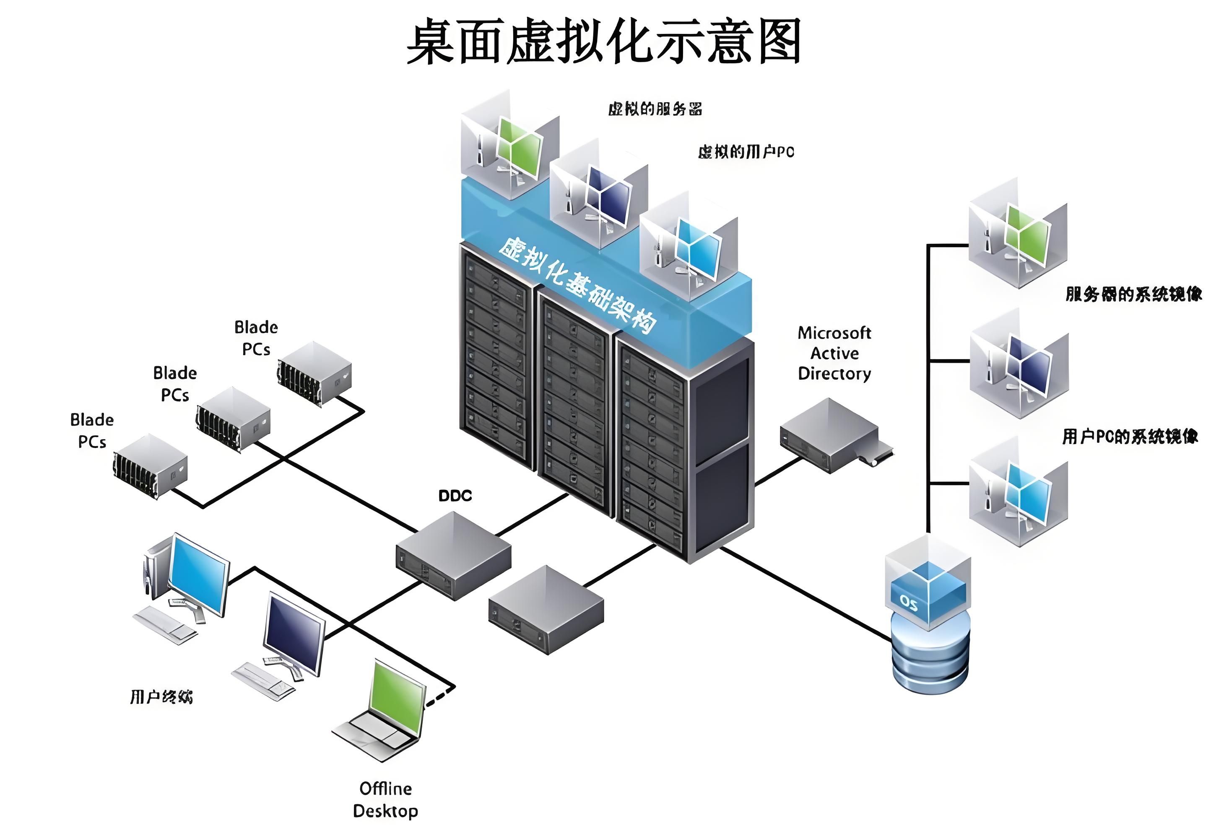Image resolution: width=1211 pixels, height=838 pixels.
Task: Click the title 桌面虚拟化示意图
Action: click(604, 42)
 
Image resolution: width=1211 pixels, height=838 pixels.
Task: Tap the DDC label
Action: click(455, 496)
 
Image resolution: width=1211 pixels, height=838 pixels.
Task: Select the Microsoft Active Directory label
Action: click(834, 353)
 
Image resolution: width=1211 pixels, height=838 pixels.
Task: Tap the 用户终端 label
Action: click(161, 697)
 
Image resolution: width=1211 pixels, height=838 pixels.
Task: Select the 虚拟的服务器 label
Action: click(655, 109)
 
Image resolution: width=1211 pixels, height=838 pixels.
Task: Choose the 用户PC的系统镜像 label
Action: click(1130, 436)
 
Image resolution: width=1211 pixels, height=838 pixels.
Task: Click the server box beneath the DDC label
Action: click(453, 556)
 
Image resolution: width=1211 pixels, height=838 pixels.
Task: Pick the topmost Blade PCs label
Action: click(256, 338)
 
